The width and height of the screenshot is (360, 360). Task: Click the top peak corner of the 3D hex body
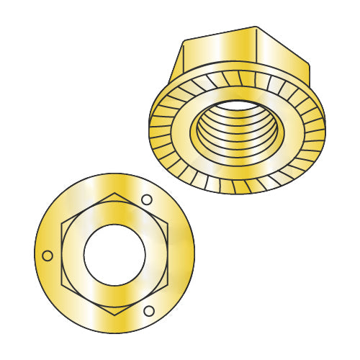(x=256, y=27)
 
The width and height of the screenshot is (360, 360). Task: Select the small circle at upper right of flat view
(x=147, y=199)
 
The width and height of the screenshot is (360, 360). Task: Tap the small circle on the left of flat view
(x=48, y=255)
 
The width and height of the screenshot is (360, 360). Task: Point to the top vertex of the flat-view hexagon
(x=115, y=192)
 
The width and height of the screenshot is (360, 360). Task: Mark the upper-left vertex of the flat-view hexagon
(x=62, y=223)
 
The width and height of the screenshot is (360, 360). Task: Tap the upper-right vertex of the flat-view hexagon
(x=168, y=223)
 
